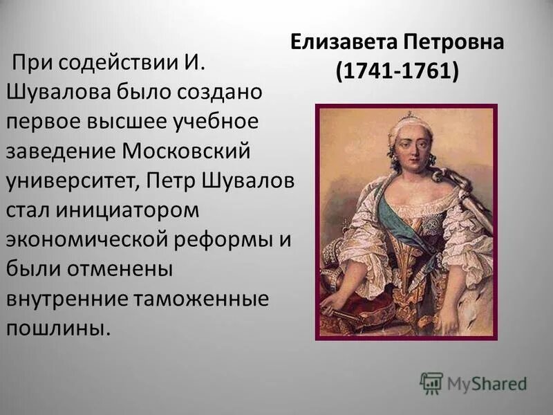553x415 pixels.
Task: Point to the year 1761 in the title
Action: [x=426, y=71]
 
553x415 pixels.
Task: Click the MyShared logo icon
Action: [x=431, y=382]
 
